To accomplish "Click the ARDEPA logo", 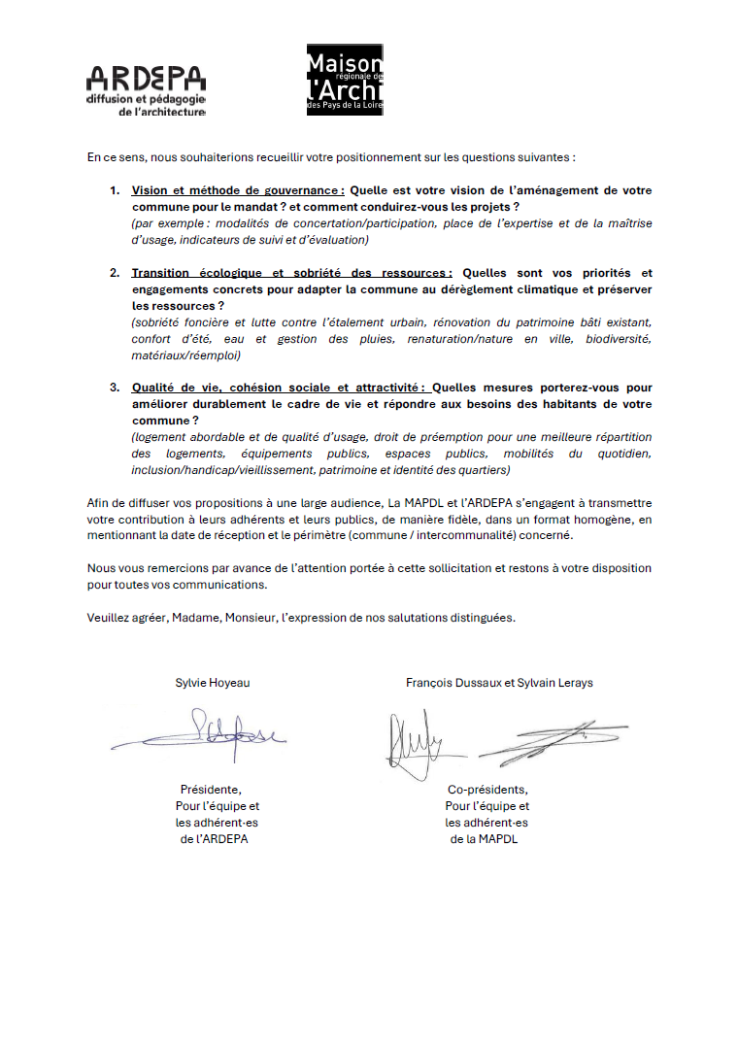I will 146,91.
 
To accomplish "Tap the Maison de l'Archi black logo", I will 346,80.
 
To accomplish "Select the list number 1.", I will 114,191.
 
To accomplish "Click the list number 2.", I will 114,273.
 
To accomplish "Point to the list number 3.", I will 114,388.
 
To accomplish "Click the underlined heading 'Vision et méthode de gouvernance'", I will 238,191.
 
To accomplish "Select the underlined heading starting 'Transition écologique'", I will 291,273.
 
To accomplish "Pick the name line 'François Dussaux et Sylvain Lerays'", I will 499,683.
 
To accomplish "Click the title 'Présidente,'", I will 211,790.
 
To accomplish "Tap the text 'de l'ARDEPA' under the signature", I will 214,839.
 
